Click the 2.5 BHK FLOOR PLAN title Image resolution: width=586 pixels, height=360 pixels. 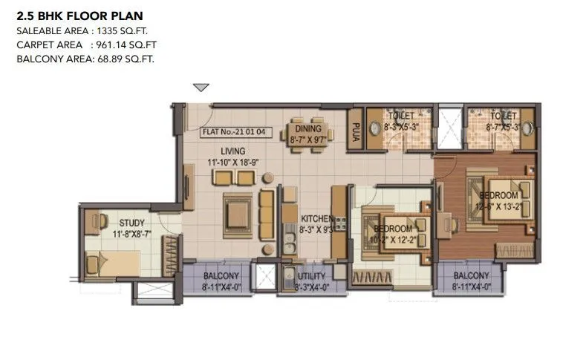click(79, 15)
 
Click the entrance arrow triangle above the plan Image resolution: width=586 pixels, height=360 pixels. click(201, 88)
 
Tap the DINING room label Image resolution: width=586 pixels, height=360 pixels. click(307, 128)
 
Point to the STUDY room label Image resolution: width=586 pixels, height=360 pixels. click(131, 223)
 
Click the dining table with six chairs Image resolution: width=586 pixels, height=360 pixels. click(307, 137)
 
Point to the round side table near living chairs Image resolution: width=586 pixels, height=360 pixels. click(267, 178)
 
